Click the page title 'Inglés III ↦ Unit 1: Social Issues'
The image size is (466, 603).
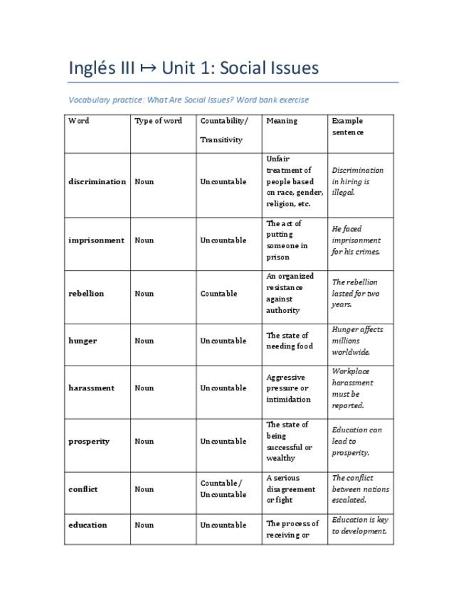pyautogui.click(x=194, y=68)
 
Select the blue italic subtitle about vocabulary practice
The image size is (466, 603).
pyautogui.click(x=189, y=100)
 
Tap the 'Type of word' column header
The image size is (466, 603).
pyautogui.click(x=158, y=121)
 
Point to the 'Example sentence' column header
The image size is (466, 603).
pyautogui.click(x=348, y=127)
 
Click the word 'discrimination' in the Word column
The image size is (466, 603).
pyautogui.click(x=97, y=181)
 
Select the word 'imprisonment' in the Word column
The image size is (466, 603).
pyautogui.click(x=96, y=240)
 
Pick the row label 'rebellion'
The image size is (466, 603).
pyautogui.click(x=86, y=293)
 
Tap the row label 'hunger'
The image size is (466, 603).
pyautogui.click(x=83, y=341)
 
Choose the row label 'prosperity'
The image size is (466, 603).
pyautogui.click(x=89, y=441)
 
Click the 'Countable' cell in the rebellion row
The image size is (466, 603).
pyautogui.click(x=218, y=293)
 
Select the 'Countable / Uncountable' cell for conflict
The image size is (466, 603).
pyautogui.click(x=223, y=489)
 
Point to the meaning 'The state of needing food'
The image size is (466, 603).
pyautogui.click(x=289, y=341)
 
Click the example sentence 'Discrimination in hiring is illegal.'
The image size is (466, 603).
pyautogui.click(x=357, y=181)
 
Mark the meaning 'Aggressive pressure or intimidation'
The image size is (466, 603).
pyautogui.click(x=287, y=388)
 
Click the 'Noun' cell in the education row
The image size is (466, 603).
pyautogui.click(x=144, y=525)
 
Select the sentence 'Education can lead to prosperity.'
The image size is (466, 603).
pyautogui.click(x=356, y=441)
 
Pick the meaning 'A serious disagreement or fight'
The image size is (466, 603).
pyautogui.click(x=290, y=489)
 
